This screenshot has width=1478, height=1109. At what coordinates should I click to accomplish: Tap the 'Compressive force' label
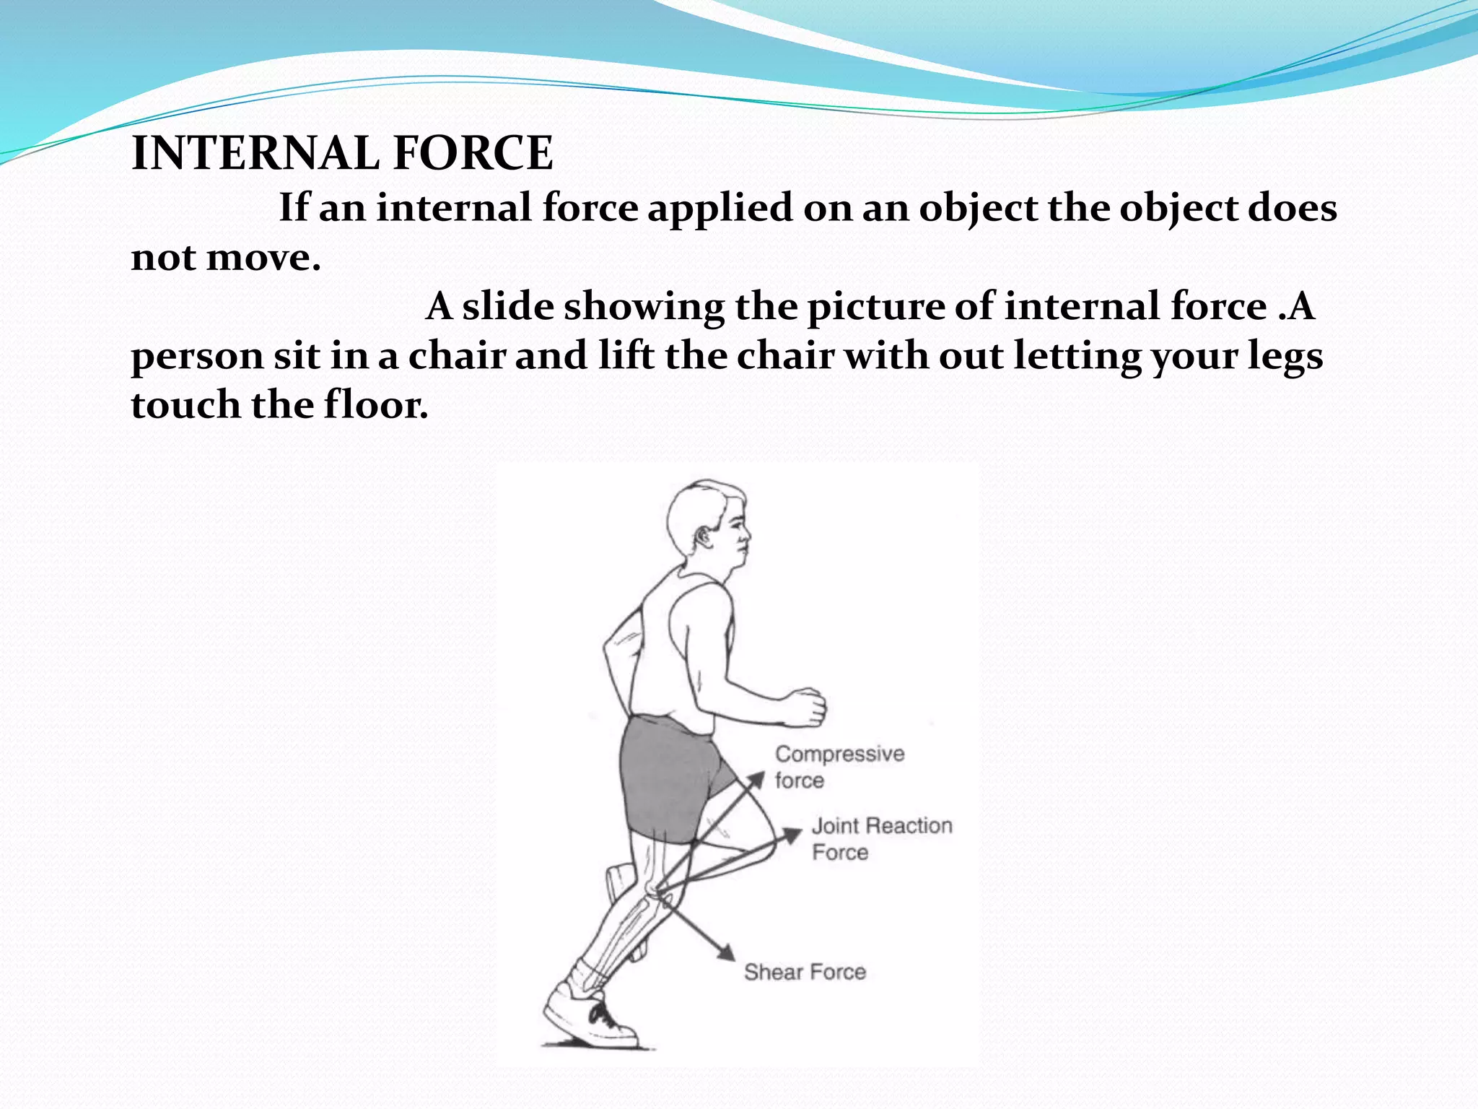(x=839, y=767)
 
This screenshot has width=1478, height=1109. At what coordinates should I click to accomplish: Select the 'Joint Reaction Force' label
(x=881, y=838)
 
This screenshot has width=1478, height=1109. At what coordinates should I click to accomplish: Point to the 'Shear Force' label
(x=805, y=973)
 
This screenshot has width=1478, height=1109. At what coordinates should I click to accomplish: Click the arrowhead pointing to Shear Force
(x=726, y=952)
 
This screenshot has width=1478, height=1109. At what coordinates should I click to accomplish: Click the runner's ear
(x=701, y=536)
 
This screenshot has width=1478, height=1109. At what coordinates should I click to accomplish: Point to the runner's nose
(x=746, y=535)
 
